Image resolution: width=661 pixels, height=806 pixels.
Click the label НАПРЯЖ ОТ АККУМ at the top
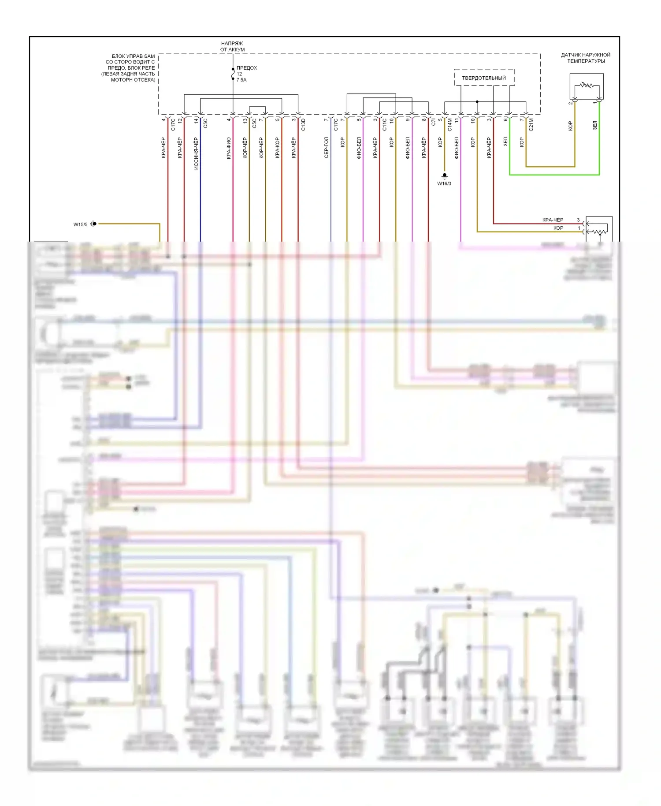pos(232,47)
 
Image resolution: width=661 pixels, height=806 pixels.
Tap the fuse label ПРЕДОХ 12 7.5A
pos(246,74)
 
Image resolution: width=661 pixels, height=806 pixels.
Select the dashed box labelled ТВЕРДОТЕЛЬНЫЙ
pos(484,78)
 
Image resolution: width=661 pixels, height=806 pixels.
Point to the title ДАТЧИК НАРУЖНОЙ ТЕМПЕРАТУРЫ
pos(586,58)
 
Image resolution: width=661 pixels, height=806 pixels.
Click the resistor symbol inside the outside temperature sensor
pos(586,85)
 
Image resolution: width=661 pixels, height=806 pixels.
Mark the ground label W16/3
pos(444,183)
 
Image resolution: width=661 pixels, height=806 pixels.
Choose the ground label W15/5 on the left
pos(80,224)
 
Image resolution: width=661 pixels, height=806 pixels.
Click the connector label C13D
pos(303,125)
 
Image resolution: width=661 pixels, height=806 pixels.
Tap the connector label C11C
pos(385,124)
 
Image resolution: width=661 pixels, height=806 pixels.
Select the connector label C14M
pos(450,124)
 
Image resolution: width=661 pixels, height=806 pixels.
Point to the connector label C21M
pos(531,124)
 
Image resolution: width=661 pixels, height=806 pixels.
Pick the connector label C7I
pos(434,122)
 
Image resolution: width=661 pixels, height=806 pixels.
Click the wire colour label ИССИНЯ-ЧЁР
pos(196,153)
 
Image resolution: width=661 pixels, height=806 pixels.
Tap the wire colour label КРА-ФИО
pos(229,148)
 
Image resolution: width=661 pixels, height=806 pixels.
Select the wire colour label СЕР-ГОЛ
pos(327,147)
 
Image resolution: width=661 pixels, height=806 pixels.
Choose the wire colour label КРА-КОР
pos(278,148)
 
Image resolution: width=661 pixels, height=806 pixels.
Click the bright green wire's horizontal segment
pos(554,175)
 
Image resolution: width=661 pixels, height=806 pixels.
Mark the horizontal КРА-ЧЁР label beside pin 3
pos(553,220)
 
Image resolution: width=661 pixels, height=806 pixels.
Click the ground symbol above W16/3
pos(444,175)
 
